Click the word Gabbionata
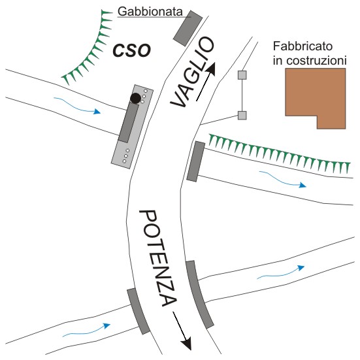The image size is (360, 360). pyautogui.click(x=150, y=12)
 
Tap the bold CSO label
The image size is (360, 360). pyautogui.click(x=132, y=50)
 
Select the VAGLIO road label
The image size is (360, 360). pyautogui.click(x=192, y=72)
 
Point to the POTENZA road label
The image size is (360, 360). pyautogui.click(x=158, y=258)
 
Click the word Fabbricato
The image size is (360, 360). pyautogui.click(x=303, y=46)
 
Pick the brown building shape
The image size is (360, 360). pyautogui.click(x=316, y=98)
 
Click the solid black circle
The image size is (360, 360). pyautogui.click(x=135, y=98)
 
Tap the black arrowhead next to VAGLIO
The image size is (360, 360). pyautogui.click(x=211, y=69)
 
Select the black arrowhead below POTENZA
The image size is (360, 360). pyautogui.click(x=186, y=343)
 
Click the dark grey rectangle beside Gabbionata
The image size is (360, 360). pyautogui.click(x=188, y=28)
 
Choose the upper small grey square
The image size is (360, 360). pyautogui.click(x=242, y=75)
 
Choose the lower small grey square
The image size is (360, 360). pyautogui.click(x=242, y=115)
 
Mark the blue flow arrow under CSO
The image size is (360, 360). pyautogui.click(x=77, y=106)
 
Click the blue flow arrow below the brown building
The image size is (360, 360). pyautogui.click(x=283, y=179)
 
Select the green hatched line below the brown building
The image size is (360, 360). pyautogui.click(x=279, y=154)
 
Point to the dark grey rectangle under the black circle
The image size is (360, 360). pyautogui.click(x=129, y=122)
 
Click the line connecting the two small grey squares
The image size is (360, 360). pyautogui.click(x=242, y=95)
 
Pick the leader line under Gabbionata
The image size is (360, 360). pyautogui.click(x=154, y=17)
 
